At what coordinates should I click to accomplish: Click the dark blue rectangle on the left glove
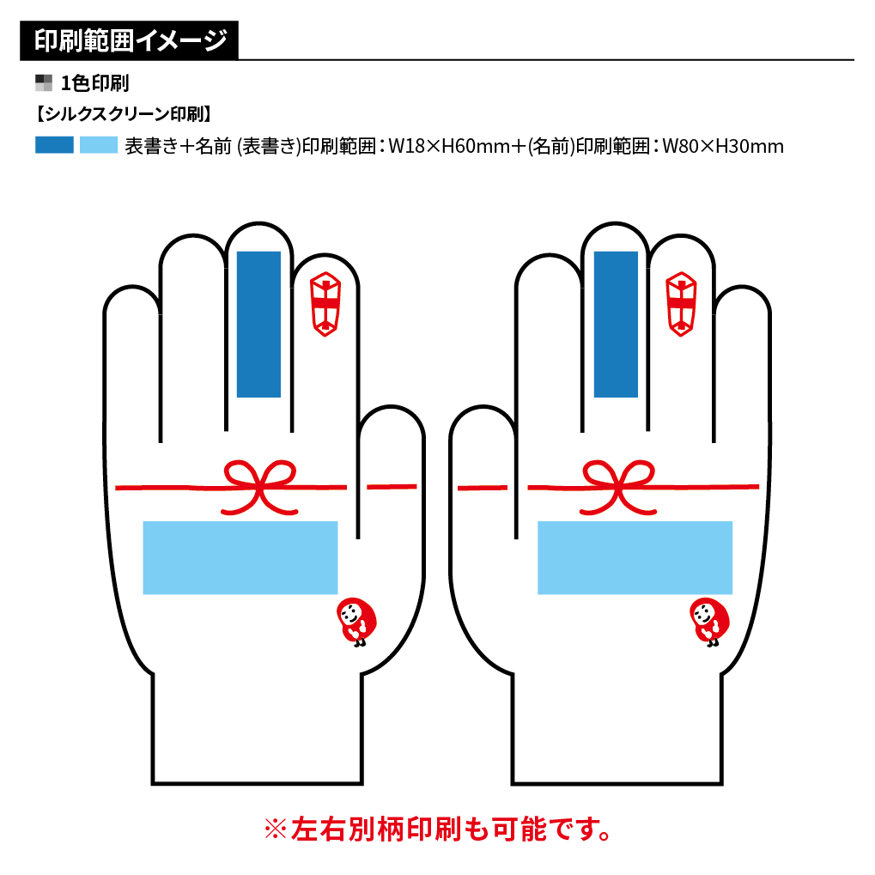click(x=258, y=324)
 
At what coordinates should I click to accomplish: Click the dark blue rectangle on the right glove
click(x=616, y=324)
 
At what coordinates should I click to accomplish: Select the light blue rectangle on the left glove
click(x=240, y=557)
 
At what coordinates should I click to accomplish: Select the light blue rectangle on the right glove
click(x=635, y=557)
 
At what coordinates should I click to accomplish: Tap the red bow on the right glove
click(x=617, y=484)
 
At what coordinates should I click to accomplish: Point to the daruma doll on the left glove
click(x=355, y=621)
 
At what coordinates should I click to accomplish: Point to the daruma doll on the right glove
click(x=709, y=621)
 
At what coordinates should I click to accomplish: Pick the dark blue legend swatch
click(x=54, y=145)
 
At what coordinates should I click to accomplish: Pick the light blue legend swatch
click(x=99, y=145)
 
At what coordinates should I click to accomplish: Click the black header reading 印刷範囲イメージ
click(x=129, y=41)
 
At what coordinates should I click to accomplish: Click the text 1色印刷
click(x=94, y=83)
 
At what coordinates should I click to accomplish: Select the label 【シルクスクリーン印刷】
click(x=123, y=113)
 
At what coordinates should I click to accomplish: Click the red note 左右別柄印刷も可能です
click(x=438, y=829)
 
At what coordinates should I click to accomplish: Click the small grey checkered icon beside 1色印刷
click(x=44, y=83)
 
